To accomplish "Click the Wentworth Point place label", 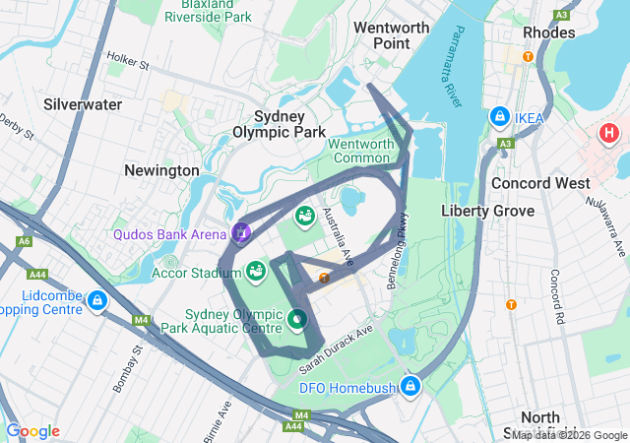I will click(x=391, y=35).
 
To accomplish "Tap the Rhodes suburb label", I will click(x=549, y=32).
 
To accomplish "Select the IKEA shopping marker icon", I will click(x=500, y=118).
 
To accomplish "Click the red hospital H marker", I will click(x=609, y=132).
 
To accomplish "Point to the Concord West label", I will click(x=540, y=183).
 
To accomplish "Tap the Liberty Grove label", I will click(x=487, y=211).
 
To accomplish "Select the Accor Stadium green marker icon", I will click(x=256, y=270).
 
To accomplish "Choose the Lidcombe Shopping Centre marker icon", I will click(x=96, y=300).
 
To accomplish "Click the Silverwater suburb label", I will click(x=83, y=103).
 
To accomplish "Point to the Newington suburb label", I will click(x=161, y=170).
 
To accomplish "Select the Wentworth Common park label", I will click(x=360, y=151).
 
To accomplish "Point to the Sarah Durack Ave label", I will click(x=336, y=348).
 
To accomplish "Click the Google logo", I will click(x=32, y=431).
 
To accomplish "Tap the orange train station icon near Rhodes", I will click(x=529, y=56).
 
